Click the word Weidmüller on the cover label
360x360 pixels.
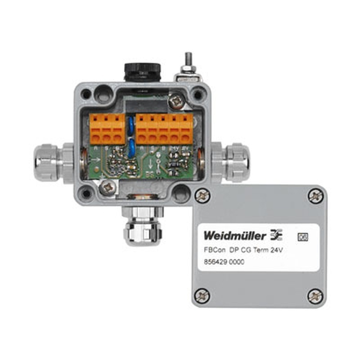[x=235, y=236]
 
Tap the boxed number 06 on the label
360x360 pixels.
[x=303, y=237]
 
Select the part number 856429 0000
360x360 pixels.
[x=224, y=262]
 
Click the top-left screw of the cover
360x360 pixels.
[x=202, y=195]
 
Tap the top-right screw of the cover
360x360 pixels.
[x=315, y=195]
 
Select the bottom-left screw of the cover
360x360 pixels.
[x=202, y=296]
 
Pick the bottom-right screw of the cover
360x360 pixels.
[x=315, y=296]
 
